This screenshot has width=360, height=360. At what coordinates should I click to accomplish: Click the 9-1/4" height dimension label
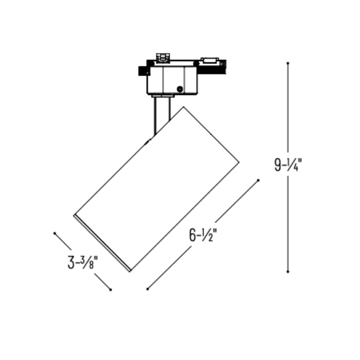coord(288,165)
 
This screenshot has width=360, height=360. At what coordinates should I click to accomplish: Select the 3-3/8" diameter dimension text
coord(83,262)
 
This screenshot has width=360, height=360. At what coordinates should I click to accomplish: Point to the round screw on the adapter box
coord(179,89)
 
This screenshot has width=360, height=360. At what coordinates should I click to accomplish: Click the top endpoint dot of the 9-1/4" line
coord(288,63)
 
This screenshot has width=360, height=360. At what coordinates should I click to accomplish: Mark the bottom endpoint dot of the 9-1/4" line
coord(288,271)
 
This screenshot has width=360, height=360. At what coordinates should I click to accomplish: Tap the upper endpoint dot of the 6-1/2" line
coord(258,180)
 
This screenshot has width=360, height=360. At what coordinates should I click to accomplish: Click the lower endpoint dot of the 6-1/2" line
coord(147,289)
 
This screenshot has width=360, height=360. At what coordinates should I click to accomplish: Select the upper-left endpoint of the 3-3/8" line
coord(55,233)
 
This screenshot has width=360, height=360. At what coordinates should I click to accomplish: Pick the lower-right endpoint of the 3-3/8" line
coord(111,290)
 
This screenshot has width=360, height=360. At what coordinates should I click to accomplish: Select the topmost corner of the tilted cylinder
coord(183,107)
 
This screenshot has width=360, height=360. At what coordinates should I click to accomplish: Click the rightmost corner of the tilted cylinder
coord(239,163)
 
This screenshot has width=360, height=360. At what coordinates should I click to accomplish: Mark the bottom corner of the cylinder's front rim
coord(130,270)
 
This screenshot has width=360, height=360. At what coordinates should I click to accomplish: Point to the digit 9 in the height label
coord(278,165)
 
